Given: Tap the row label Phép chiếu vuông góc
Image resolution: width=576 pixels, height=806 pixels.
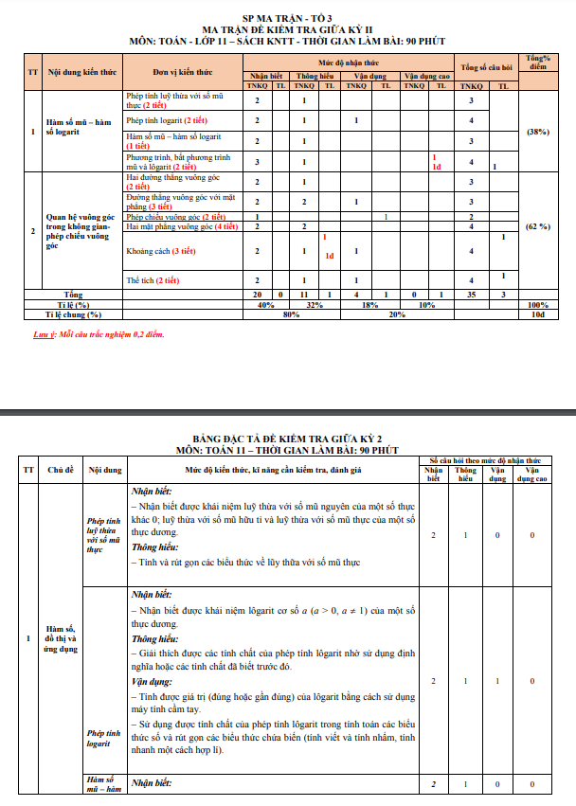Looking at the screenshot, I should pyautogui.click(x=169, y=217).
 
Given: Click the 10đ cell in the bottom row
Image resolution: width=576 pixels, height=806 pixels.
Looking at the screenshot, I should pyautogui.click(x=537, y=314).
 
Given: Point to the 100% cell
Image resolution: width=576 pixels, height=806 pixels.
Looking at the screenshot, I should pyautogui.click(x=537, y=305).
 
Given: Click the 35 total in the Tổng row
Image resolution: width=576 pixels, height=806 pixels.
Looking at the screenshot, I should pyautogui.click(x=470, y=296).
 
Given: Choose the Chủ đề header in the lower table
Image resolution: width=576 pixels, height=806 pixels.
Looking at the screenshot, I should pyautogui.click(x=62, y=470).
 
